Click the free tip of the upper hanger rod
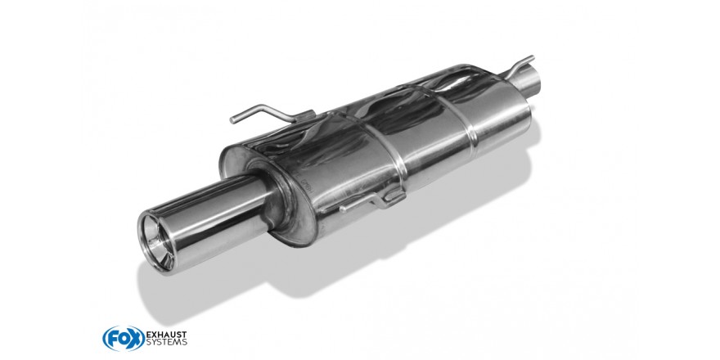click(232, 121)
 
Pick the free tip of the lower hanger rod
click(343, 209)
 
